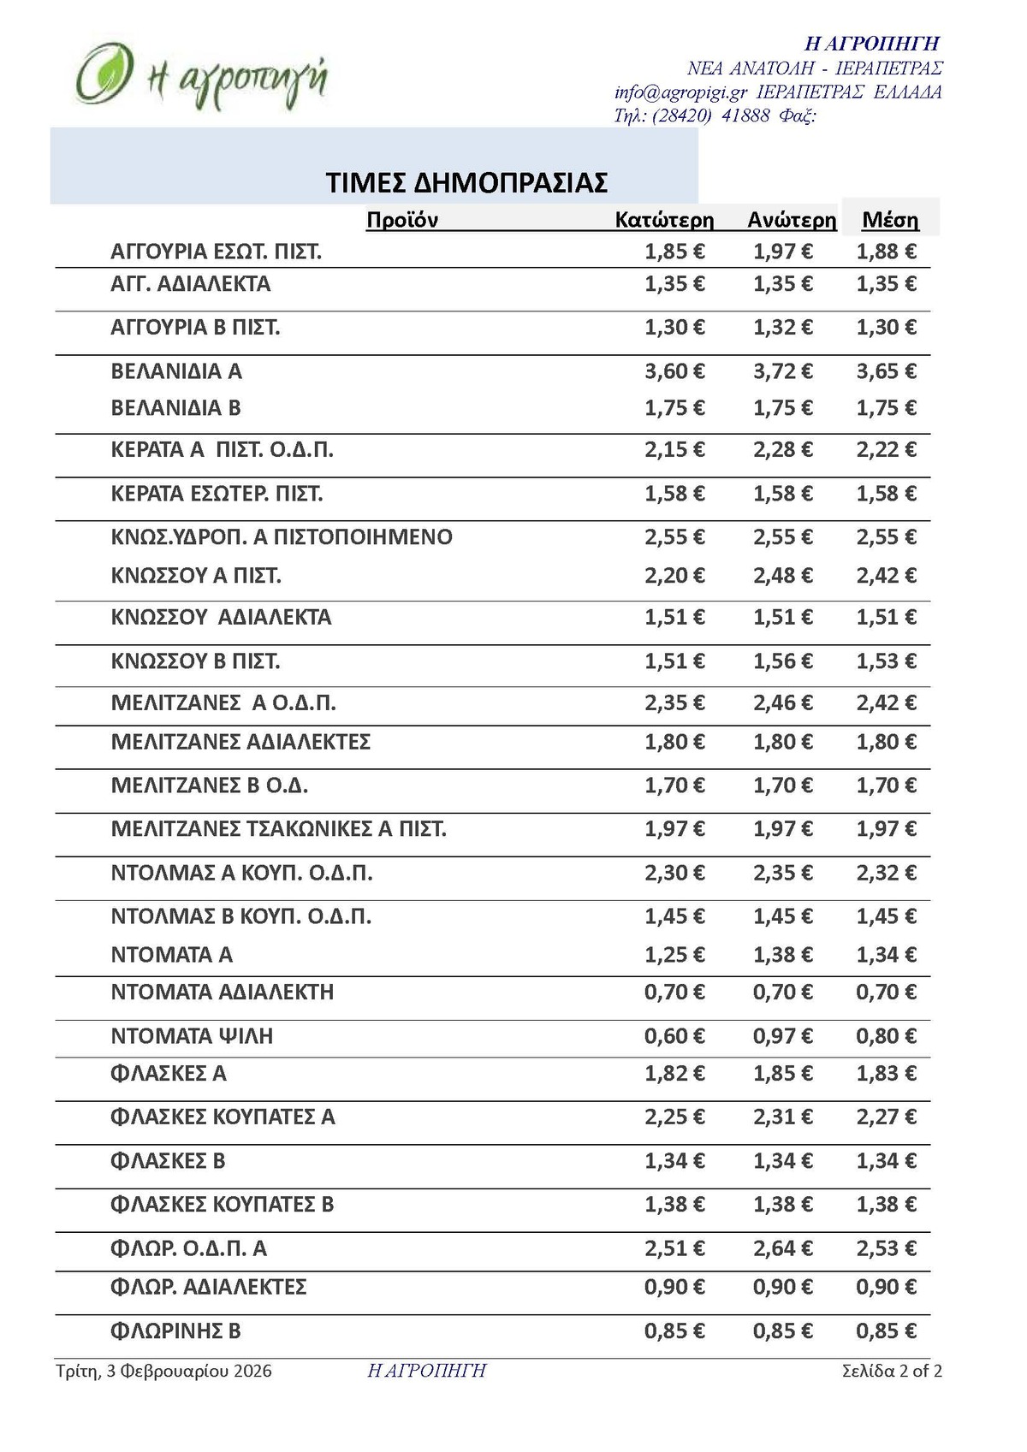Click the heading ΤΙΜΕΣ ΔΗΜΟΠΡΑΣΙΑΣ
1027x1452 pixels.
point(466,182)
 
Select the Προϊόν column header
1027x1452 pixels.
point(402,220)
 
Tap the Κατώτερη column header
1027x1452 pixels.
point(664,220)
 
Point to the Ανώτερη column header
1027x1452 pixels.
point(792,220)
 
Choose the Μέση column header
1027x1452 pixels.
point(890,220)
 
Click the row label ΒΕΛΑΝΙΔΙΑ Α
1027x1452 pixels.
point(176,371)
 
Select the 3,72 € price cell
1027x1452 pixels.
point(783,371)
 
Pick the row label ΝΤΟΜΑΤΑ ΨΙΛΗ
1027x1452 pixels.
point(192,1036)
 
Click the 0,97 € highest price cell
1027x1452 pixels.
point(783,1036)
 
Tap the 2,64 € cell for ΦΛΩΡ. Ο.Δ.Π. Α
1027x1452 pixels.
point(783,1248)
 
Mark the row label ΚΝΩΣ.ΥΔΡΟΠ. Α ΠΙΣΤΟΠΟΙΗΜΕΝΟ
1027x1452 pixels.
point(282,537)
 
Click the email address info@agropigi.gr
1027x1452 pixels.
point(681,92)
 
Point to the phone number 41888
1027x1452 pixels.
point(745,116)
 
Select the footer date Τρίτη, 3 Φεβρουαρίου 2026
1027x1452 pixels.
point(164,1372)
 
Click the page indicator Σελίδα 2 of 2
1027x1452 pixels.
point(892,1372)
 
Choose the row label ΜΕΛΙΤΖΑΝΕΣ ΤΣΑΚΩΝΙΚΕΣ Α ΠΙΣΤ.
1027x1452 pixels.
point(279,829)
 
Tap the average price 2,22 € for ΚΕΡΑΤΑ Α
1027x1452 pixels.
point(887,450)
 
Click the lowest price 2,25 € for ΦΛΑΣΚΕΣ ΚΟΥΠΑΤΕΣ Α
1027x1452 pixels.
point(675,1117)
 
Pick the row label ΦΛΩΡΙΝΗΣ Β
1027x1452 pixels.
point(176,1331)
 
